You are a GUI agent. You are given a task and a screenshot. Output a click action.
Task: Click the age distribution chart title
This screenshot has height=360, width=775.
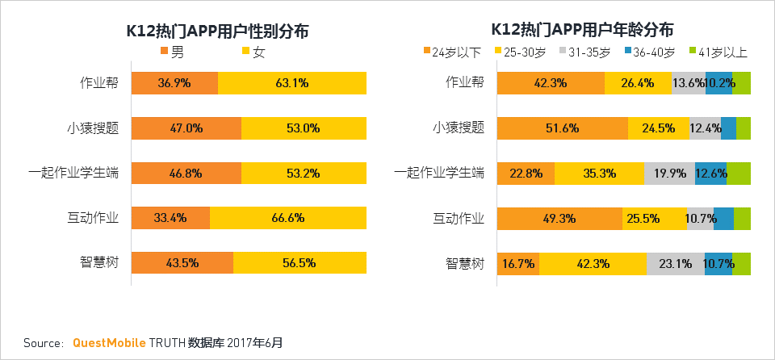(x=582, y=31)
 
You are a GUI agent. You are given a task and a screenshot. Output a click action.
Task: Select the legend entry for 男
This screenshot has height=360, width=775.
(x=173, y=52)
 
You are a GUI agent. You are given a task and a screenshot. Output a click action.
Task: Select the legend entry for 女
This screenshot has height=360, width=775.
(x=253, y=52)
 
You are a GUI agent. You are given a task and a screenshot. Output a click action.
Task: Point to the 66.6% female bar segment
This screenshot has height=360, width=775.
(x=288, y=218)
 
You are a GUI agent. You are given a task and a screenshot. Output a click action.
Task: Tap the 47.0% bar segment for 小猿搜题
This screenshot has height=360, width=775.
(x=186, y=128)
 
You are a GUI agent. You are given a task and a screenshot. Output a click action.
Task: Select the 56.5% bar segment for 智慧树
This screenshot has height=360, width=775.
(x=300, y=263)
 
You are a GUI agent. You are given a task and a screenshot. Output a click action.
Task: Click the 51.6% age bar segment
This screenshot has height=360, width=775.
(x=562, y=128)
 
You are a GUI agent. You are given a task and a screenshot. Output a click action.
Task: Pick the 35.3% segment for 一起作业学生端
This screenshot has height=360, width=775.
(x=599, y=174)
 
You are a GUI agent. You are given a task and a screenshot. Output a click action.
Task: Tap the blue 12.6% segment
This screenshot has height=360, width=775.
(x=710, y=174)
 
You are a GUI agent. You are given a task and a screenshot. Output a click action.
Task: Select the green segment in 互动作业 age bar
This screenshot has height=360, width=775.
(x=742, y=219)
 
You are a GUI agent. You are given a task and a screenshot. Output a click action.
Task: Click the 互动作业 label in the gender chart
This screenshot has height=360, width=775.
(x=93, y=217)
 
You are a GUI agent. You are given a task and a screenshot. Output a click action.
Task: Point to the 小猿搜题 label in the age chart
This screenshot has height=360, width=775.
(x=458, y=127)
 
